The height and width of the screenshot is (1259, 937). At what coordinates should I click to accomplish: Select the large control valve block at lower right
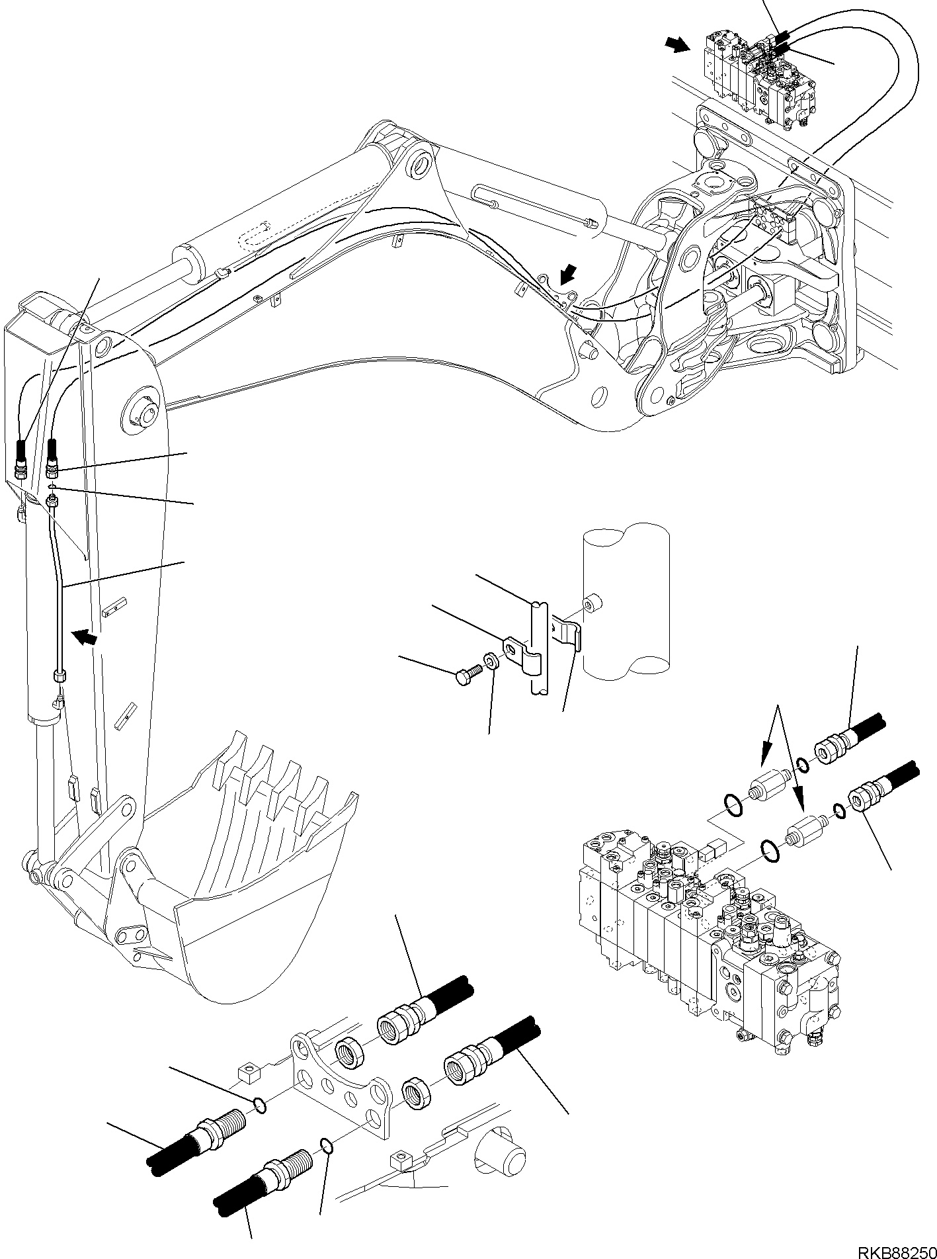(x=708, y=926)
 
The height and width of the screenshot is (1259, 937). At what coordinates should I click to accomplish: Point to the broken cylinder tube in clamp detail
(x=626, y=605)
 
